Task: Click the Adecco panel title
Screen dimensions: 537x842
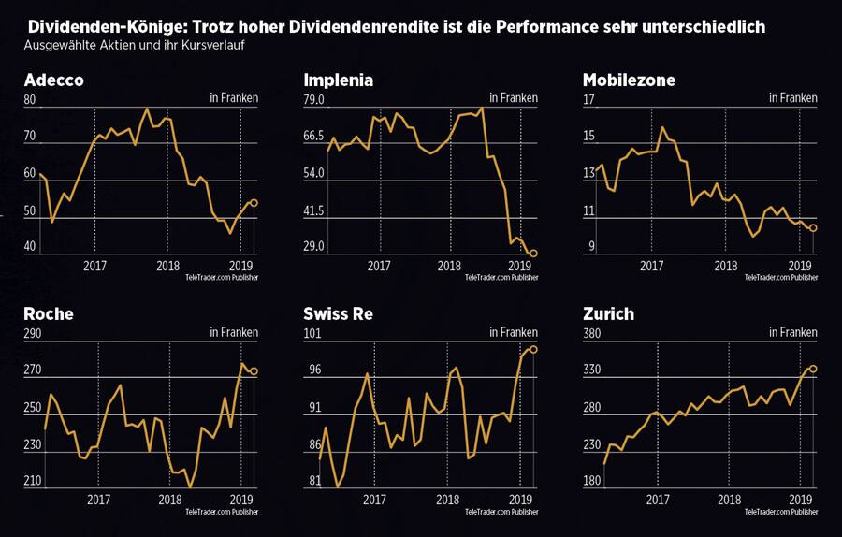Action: pyautogui.click(x=53, y=80)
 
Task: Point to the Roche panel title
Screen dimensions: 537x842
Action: pyautogui.click(x=49, y=314)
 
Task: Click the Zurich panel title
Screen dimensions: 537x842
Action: pyautogui.click(x=608, y=314)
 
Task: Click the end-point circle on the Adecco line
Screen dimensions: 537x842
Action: pyautogui.click(x=254, y=202)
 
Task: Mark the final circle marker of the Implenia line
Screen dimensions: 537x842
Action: pyautogui.click(x=533, y=254)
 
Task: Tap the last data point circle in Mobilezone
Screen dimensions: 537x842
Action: pyautogui.click(x=813, y=228)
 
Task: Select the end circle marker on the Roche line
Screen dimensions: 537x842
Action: pyautogui.click(x=254, y=371)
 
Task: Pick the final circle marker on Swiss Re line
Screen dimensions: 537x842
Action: pyautogui.click(x=533, y=349)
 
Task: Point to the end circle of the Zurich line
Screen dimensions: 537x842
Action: pyautogui.click(x=813, y=369)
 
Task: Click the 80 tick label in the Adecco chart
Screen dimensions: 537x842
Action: pyautogui.click(x=30, y=101)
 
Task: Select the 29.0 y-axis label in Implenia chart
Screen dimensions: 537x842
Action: pyautogui.click(x=314, y=247)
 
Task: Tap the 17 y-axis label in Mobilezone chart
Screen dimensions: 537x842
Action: pyautogui.click(x=588, y=101)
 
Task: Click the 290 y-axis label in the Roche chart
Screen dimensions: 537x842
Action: pyautogui.click(x=33, y=335)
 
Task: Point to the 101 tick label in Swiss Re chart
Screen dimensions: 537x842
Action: pyautogui.click(x=312, y=335)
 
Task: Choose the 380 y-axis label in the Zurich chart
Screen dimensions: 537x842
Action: pyautogui.click(x=592, y=335)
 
